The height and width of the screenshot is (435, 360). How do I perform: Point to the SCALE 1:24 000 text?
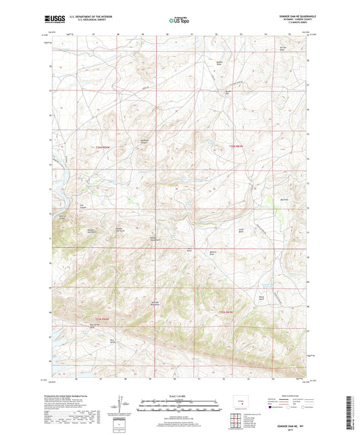(x=180, y=395)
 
